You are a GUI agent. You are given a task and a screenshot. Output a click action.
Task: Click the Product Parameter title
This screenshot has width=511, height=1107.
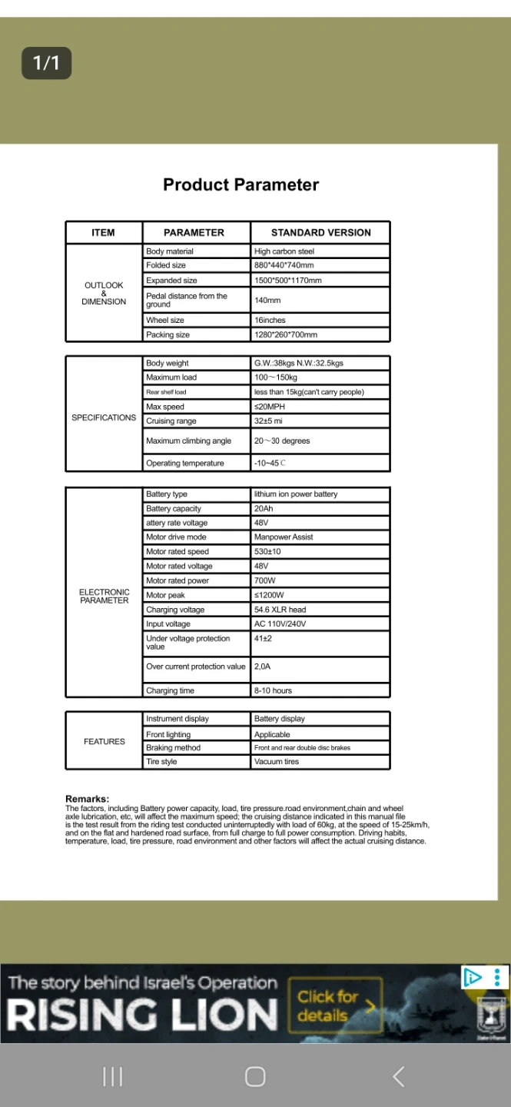point(241,184)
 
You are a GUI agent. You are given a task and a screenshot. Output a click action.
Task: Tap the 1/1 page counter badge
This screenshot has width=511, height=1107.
point(46,63)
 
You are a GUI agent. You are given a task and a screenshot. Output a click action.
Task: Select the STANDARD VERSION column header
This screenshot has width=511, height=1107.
point(320,232)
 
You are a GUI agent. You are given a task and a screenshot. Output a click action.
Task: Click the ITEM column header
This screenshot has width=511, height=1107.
point(103,232)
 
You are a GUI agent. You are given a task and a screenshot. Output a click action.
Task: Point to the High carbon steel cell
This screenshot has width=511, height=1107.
point(284,251)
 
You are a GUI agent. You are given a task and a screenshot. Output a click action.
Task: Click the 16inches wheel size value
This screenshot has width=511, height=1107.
point(270,320)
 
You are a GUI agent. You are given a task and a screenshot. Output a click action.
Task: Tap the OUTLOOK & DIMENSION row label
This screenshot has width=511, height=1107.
point(104,293)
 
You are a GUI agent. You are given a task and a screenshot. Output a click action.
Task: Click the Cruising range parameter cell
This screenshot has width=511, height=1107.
point(171,421)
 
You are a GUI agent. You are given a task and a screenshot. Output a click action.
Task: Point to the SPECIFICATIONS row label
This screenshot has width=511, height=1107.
point(104,417)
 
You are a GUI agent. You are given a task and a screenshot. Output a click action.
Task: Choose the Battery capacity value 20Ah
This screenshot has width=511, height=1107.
point(264,509)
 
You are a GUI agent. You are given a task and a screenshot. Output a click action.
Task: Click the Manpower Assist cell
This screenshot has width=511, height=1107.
point(284,537)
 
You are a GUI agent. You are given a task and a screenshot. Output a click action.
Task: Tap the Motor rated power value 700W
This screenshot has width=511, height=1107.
point(264,580)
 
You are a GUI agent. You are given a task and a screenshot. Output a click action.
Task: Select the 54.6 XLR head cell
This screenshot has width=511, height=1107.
point(280,610)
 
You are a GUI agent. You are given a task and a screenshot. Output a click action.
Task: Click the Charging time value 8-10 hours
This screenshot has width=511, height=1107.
point(273,690)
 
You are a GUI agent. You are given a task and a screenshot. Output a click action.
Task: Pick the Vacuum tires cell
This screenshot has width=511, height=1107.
point(277,762)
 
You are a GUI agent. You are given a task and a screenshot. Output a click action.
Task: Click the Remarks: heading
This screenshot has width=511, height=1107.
point(87,799)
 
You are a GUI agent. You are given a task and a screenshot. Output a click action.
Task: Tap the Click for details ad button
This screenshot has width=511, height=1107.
point(335,1006)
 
